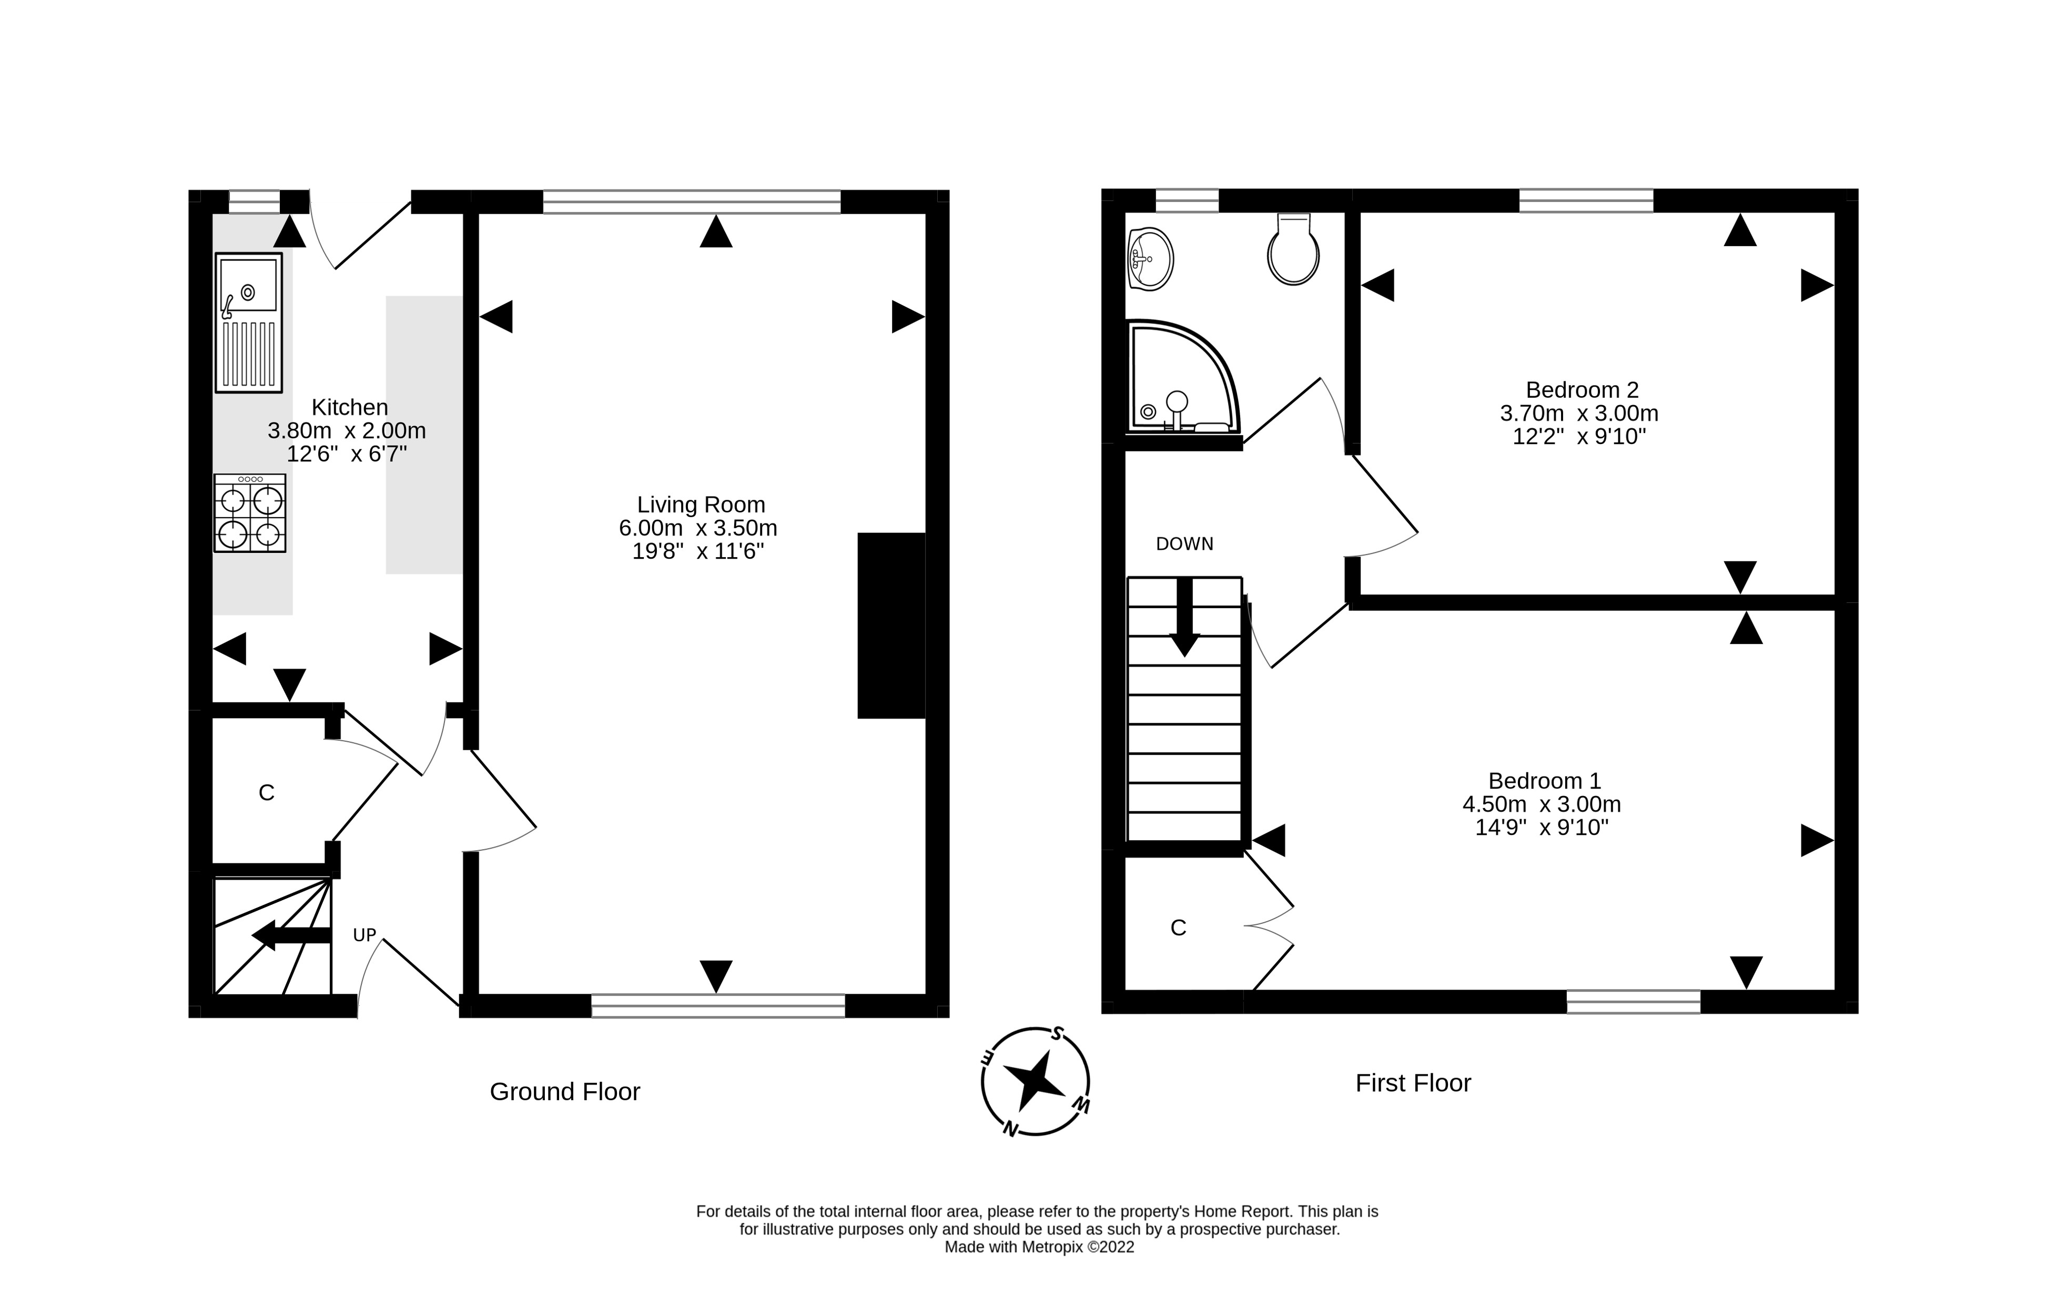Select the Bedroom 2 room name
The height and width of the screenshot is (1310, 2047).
click(1582, 390)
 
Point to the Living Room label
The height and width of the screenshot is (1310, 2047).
click(701, 505)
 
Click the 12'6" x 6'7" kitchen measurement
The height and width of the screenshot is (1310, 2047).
click(347, 454)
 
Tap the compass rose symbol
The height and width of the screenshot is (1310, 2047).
click(1035, 1081)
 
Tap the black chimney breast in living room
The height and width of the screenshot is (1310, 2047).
click(890, 625)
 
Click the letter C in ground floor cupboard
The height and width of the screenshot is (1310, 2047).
click(266, 793)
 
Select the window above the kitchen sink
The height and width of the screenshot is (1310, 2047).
click(254, 201)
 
